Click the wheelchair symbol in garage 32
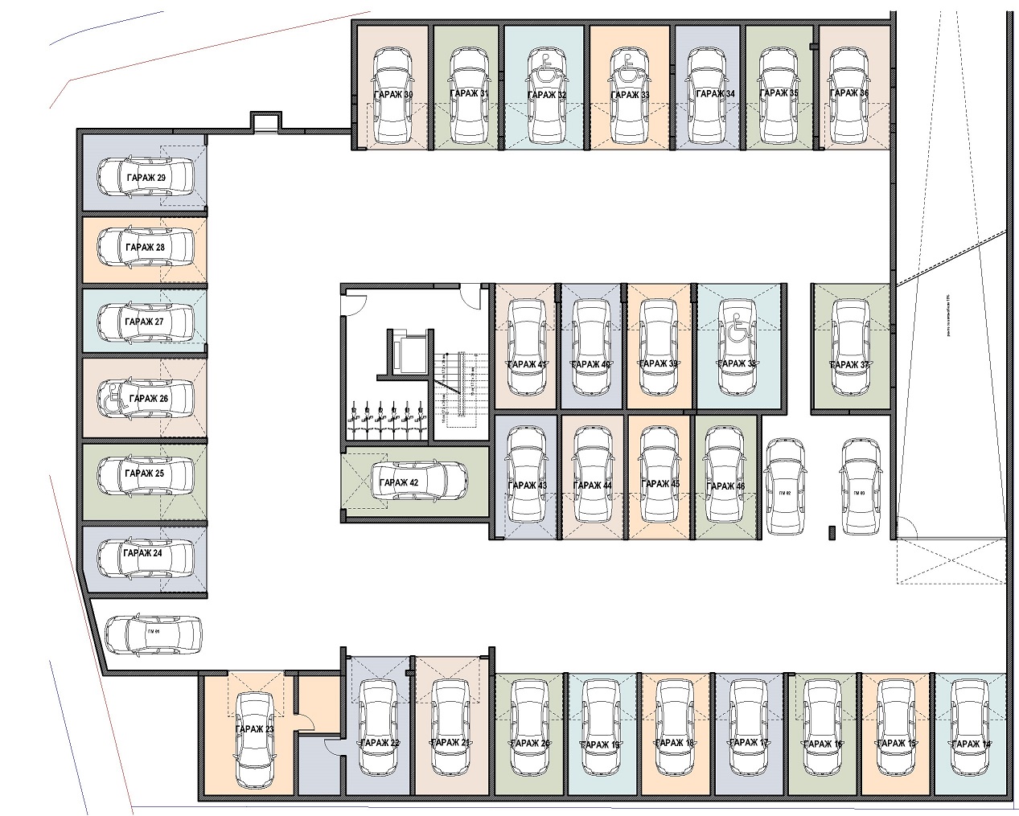544,69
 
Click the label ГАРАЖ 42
399,482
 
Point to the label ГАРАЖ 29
146,177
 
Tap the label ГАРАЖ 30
393,95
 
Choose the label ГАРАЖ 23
255,729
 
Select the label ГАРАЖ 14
971,744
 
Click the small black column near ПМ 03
831,531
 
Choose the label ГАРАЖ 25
145,474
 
